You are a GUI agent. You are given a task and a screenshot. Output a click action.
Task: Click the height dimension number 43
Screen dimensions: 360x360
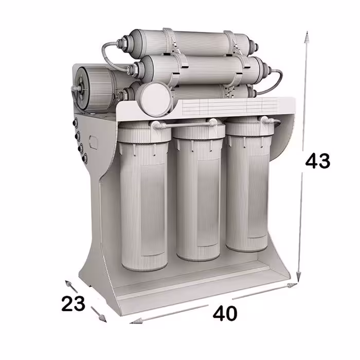[317, 161]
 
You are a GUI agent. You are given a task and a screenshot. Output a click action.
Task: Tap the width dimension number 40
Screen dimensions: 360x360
[225, 313]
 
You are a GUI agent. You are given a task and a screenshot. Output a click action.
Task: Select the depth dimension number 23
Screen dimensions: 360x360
[73, 303]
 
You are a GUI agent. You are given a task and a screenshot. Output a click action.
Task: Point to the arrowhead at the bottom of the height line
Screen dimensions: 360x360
[298, 277]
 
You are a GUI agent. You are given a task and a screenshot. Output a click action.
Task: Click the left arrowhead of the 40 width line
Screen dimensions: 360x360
[135, 321]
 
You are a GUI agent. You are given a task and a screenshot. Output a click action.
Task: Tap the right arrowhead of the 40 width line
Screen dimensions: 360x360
[292, 285]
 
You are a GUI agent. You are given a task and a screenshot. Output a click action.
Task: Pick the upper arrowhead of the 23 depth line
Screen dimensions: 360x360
[69, 284]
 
